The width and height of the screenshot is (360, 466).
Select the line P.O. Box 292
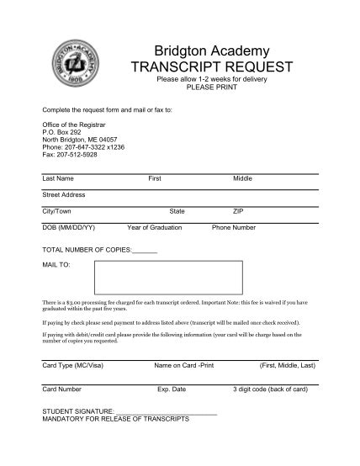(x=61, y=132)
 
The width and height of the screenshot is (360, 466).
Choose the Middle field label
(x=243, y=179)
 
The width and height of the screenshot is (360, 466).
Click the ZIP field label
(x=238, y=211)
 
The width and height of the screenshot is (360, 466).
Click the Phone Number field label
(x=234, y=227)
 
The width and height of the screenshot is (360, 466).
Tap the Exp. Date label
(x=172, y=389)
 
